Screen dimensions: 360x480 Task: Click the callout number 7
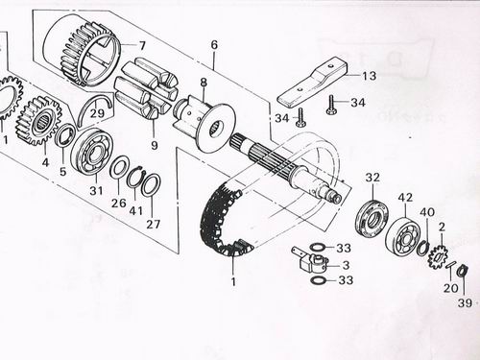coord(141,45)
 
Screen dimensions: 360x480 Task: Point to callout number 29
coord(97,113)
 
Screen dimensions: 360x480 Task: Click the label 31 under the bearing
coord(94,192)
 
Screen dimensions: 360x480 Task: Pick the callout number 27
coord(153,226)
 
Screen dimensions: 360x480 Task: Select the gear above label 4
coord(39,120)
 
